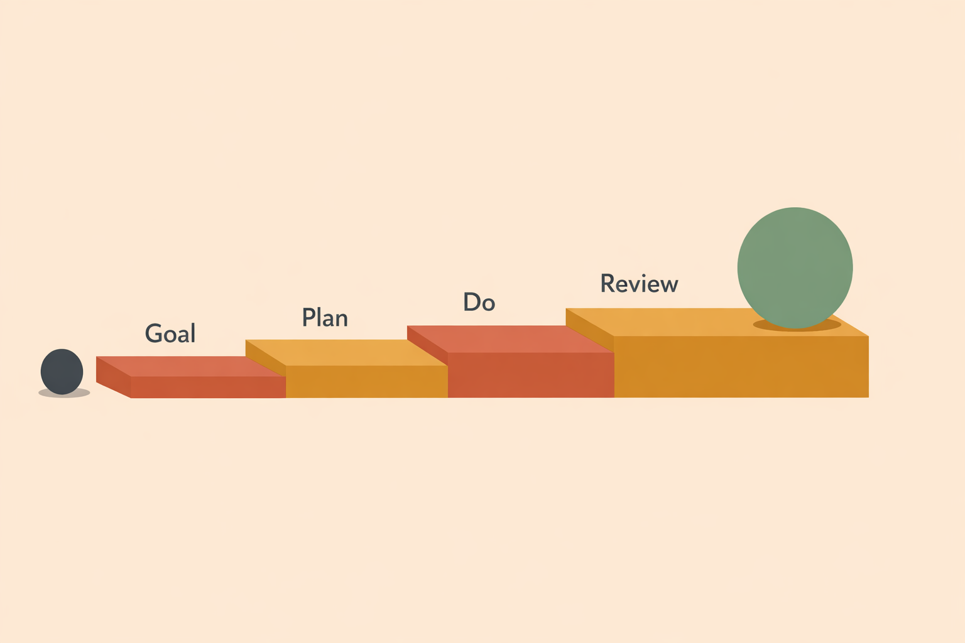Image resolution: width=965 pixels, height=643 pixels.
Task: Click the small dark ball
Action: click(62, 371)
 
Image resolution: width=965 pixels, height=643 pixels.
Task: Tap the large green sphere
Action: click(795, 268)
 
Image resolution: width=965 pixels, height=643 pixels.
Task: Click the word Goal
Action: click(170, 333)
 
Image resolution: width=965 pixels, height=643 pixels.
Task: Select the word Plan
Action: click(325, 317)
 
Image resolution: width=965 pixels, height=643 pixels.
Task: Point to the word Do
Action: click(479, 302)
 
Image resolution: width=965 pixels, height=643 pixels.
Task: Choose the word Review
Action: click(640, 283)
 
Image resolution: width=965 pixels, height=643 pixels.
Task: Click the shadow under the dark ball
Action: click(64, 393)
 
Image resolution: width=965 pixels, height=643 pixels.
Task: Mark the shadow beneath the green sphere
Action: click(797, 325)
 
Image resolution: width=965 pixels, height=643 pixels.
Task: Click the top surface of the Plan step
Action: click(345, 353)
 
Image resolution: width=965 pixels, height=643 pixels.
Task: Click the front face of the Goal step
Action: click(208, 387)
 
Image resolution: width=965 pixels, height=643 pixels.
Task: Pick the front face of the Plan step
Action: click(367, 382)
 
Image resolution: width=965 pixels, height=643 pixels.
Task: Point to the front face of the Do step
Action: click(531, 375)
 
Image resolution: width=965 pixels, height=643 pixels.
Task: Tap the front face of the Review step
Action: click(741, 367)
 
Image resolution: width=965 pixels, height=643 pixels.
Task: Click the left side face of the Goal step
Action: click(113, 377)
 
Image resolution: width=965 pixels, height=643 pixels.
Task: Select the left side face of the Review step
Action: click(590, 330)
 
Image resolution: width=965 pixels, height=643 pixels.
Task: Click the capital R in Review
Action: click(608, 283)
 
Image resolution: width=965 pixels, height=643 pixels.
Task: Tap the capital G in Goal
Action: click(153, 333)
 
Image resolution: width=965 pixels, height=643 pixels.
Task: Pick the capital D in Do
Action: click(471, 302)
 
